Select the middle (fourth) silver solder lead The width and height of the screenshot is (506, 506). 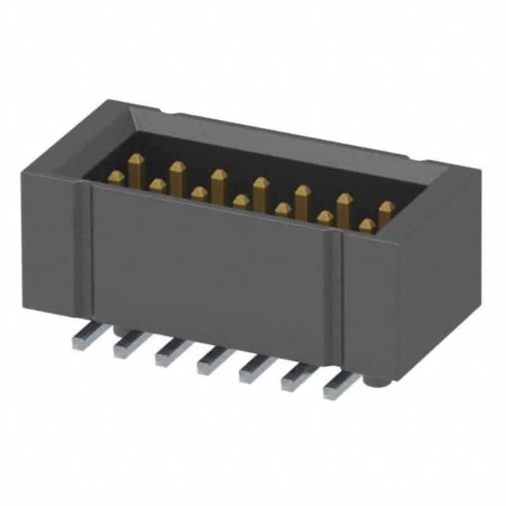[211, 362]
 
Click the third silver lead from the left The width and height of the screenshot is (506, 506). [168, 353]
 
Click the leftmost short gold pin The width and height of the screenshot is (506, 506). [116, 178]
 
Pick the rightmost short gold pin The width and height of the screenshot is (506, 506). [366, 225]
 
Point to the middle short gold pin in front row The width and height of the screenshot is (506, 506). [241, 202]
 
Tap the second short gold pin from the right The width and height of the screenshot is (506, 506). [325, 218]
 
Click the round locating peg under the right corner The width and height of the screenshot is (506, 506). [376, 381]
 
